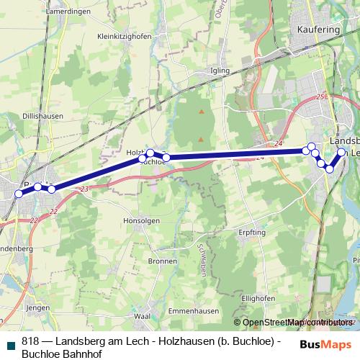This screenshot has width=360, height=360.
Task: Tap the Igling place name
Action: point(219,71)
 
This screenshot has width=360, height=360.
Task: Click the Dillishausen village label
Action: point(44,115)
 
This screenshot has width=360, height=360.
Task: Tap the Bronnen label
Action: point(161,261)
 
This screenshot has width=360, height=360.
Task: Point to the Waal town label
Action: point(142,316)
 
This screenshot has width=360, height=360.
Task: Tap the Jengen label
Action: point(37,307)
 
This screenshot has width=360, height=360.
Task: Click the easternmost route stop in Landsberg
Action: point(342,151)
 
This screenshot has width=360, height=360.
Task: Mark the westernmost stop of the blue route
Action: point(19,194)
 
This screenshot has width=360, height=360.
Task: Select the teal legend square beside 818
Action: point(11,342)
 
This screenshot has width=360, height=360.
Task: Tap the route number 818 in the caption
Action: point(30,341)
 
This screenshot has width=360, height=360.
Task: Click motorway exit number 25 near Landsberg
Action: point(320,96)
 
